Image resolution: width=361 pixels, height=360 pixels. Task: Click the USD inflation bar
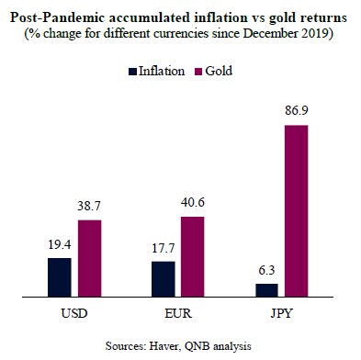tap(59, 278)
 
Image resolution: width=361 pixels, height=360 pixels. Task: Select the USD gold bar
tap(90, 259)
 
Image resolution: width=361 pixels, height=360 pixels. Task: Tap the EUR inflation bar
tap(163, 280)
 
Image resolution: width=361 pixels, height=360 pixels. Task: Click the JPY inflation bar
tap(267, 291)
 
